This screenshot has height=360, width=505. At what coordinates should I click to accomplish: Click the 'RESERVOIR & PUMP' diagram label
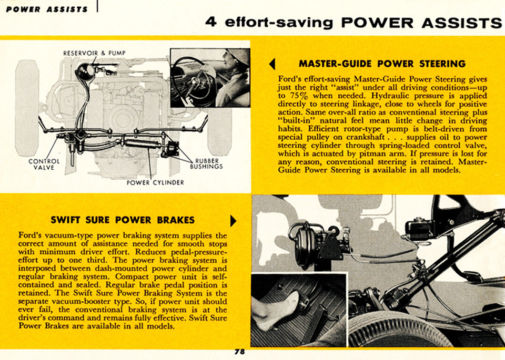point(94,53)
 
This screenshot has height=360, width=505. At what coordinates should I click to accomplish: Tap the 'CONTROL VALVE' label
point(44,164)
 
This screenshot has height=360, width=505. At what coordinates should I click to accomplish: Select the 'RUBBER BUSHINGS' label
point(207,163)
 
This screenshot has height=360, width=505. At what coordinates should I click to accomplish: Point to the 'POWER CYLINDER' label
point(155,183)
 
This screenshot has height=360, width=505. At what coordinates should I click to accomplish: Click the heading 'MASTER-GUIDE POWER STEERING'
point(382,64)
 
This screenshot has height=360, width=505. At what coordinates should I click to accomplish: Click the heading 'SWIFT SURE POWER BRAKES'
point(123,220)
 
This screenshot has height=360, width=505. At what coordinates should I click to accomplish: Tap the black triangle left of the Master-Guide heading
point(272,64)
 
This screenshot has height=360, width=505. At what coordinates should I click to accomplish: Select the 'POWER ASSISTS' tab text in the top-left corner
point(47,9)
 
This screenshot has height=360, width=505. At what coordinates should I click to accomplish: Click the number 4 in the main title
point(211,23)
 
